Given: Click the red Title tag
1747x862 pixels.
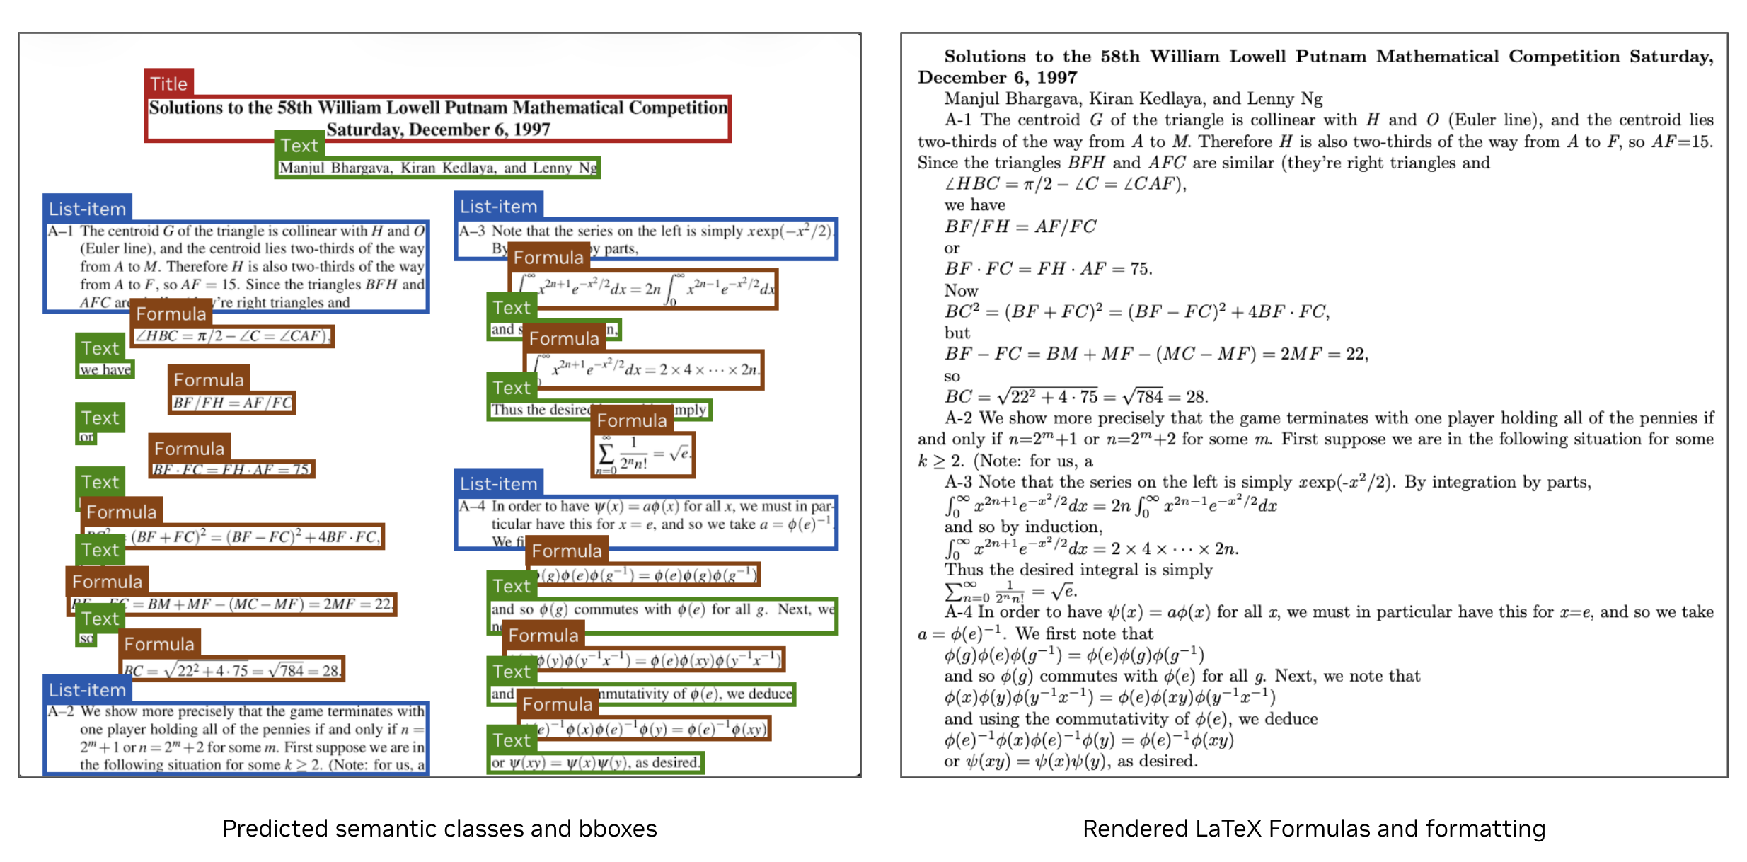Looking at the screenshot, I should pyautogui.click(x=168, y=84).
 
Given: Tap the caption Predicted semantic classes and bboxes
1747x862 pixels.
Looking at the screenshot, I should pyautogui.click(x=439, y=828).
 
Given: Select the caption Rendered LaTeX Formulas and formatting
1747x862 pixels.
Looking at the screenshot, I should pyautogui.click(x=1313, y=828).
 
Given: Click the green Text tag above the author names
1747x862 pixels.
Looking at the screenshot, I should pyautogui.click(x=299, y=145).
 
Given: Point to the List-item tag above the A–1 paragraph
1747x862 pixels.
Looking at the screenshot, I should pyautogui.click(x=87, y=209).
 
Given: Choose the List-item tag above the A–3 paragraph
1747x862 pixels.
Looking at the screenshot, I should pyautogui.click(x=498, y=206).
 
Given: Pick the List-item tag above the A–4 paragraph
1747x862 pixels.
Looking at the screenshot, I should pyautogui.click(x=498, y=483).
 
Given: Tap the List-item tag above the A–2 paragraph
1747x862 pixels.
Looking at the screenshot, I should pyautogui.click(x=87, y=689).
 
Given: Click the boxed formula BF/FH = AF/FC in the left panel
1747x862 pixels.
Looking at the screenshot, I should pyautogui.click(x=232, y=403).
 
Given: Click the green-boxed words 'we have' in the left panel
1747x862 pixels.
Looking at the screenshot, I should pyautogui.click(x=105, y=369).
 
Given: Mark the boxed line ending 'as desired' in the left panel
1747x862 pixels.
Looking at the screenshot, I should pyautogui.click(x=595, y=762).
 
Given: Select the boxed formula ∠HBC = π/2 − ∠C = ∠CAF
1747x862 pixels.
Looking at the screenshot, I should pyautogui.click(x=233, y=335).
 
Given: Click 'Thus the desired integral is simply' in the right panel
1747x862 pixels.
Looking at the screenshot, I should pyautogui.click(x=1078, y=570).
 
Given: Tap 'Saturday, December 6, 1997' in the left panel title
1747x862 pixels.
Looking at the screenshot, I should pyautogui.click(x=438, y=130).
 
